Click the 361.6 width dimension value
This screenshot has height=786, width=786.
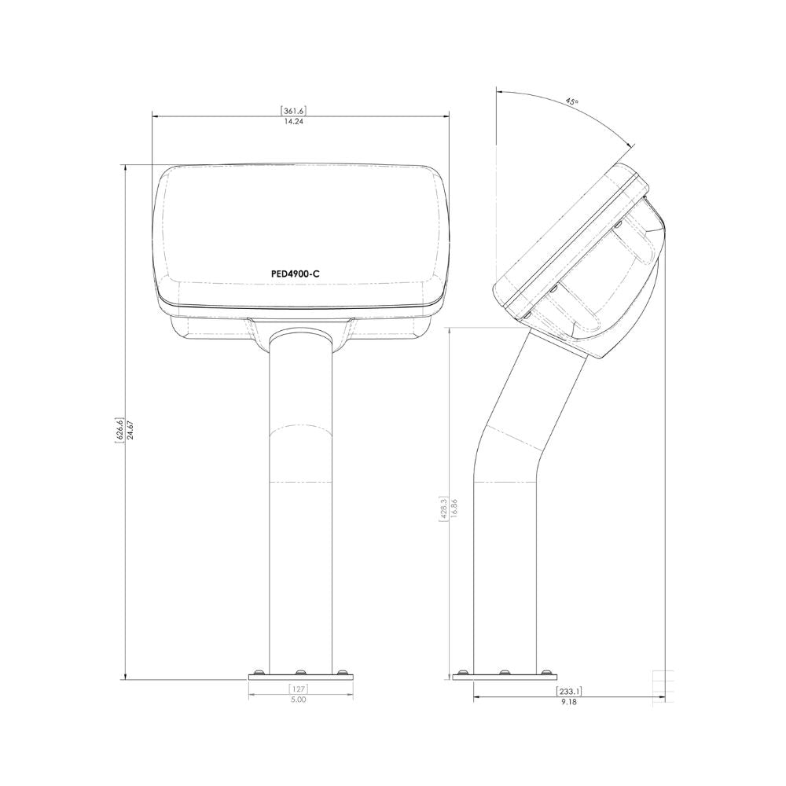pos(295,110)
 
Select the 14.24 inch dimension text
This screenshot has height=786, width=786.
pos(294,121)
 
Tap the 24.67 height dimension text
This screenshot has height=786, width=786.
pos(130,430)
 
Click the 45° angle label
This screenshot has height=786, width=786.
pos(572,101)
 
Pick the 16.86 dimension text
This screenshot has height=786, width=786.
pos(454,508)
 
